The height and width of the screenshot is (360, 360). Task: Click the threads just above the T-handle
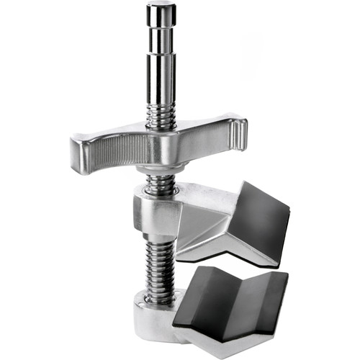(162, 115)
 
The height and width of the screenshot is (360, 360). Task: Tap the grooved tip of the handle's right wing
(240, 132)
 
